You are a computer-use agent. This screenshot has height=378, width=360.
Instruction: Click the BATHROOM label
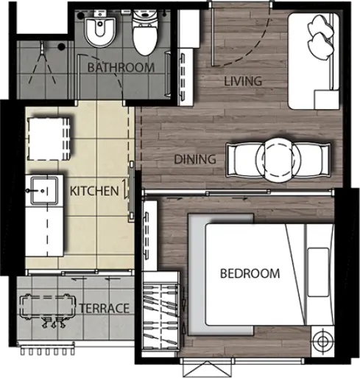[121, 68]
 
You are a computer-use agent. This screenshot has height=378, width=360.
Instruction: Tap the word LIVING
[243, 81]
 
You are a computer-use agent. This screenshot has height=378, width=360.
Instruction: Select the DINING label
[195, 159]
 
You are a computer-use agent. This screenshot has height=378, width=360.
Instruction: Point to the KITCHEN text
[94, 191]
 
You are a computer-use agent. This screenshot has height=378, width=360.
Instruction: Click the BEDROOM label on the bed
[250, 273]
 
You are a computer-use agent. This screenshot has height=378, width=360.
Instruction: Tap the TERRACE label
[104, 308]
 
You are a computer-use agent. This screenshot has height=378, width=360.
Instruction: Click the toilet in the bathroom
[145, 32]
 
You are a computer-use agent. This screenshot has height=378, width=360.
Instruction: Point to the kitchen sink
[44, 190]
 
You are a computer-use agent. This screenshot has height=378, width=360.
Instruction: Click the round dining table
[278, 160]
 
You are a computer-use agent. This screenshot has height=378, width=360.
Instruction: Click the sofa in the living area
[314, 61]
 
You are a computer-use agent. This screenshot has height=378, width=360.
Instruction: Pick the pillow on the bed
[319, 272]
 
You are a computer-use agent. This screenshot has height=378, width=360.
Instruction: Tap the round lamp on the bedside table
[322, 341]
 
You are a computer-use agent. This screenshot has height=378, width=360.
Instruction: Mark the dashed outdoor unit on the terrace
[48, 307]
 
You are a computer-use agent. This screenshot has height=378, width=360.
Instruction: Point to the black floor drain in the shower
[61, 46]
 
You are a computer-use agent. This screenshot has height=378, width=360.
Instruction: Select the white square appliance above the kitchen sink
[49, 139]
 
